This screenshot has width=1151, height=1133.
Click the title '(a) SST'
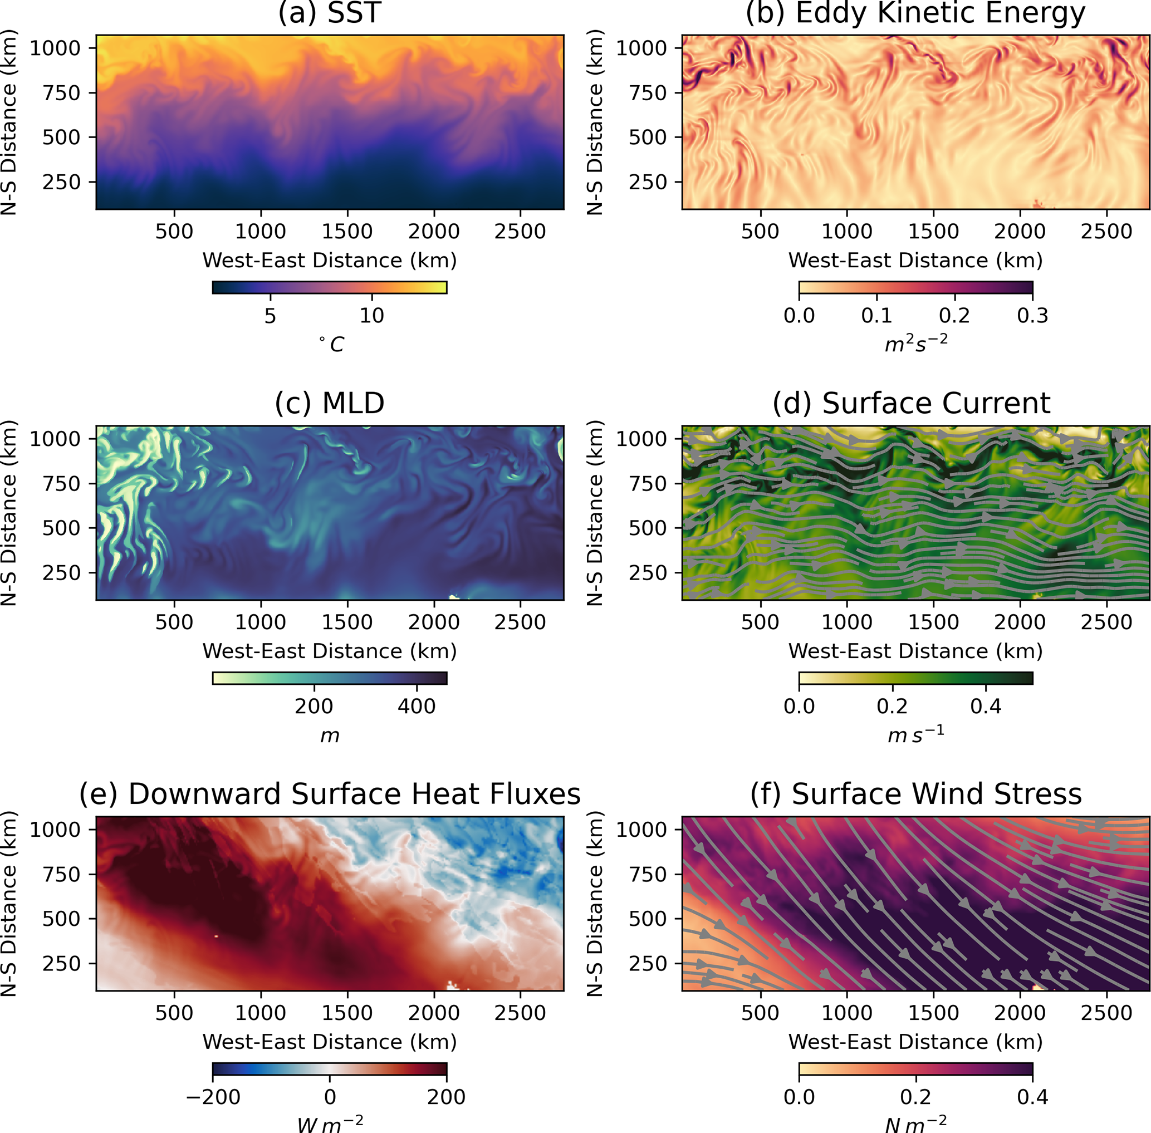coord(329,13)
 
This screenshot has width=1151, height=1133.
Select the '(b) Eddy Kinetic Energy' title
coord(915,13)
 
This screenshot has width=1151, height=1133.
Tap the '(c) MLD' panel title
coord(329,403)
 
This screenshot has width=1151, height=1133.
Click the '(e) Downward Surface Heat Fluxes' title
coord(330,794)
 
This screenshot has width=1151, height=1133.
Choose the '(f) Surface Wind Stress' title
coord(915,794)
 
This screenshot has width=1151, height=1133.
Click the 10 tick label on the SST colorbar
coord(371,315)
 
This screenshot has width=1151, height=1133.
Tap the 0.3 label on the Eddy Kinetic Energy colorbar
coord(1032,315)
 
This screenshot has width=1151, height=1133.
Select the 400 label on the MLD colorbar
coord(417,707)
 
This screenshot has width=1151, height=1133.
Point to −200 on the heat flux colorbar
coord(213,1097)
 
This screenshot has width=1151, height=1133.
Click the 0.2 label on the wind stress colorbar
coord(915,1097)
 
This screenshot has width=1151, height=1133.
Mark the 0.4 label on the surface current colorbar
coord(986,707)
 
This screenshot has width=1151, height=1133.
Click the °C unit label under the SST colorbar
coord(331,344)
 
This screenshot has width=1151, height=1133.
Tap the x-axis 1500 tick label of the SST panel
coord(347,232)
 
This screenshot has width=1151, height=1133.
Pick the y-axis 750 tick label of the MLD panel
coord(61,484)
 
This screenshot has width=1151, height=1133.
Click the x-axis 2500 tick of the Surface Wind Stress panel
coord(1106,1013)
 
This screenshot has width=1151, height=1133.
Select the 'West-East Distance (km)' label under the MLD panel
coord(329,651)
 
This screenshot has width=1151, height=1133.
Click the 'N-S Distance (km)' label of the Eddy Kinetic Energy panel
coord(595,122)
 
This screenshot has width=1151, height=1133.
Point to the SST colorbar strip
coord(329,287)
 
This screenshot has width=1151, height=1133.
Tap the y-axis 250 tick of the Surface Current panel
coord(648,573)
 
